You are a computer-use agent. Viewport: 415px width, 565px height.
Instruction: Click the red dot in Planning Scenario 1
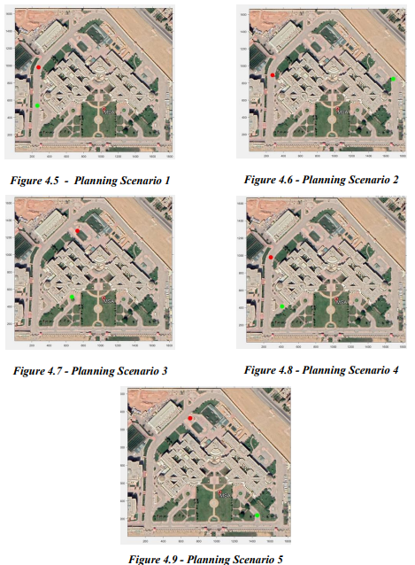(38, 67)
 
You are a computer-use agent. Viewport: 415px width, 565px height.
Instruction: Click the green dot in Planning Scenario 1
(37, 106)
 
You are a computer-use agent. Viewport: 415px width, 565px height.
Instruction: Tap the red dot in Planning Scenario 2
(273, 75)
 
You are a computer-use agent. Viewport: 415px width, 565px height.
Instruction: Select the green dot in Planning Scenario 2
(393, 79)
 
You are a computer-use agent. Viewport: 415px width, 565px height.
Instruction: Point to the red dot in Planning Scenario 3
(77, 231)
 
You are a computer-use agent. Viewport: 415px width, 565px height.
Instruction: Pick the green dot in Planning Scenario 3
(72, 298)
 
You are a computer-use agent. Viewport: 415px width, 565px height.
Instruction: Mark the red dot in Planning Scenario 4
(271, 258)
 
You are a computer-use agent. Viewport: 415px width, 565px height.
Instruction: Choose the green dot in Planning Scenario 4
(282, 306)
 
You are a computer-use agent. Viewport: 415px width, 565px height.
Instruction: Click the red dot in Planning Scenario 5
(189, 416)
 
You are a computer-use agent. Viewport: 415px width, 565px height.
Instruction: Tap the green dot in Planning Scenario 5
(257, 515)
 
